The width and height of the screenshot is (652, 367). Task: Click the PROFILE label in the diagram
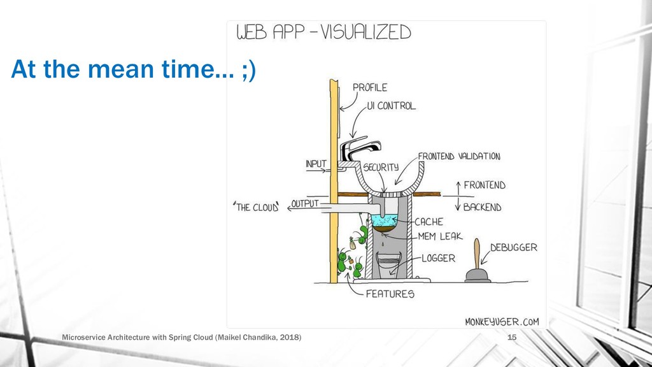point(370,87)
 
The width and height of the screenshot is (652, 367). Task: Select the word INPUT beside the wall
point(316,164)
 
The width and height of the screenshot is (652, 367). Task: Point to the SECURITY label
point(381,167)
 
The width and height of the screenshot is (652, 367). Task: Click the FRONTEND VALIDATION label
point(458,156)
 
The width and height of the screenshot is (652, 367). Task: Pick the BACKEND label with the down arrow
point(482,207)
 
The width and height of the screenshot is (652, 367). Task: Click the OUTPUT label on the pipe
point(305,204)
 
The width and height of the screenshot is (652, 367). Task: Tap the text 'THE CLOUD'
point(257,207)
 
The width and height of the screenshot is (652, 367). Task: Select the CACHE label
point(429,222)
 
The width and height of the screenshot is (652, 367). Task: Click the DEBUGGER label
point(514,247)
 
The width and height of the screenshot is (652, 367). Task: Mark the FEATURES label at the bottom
point(390,294)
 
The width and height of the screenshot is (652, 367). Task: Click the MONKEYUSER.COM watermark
point(502,322)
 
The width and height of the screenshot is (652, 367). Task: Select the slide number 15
point(511,336)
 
